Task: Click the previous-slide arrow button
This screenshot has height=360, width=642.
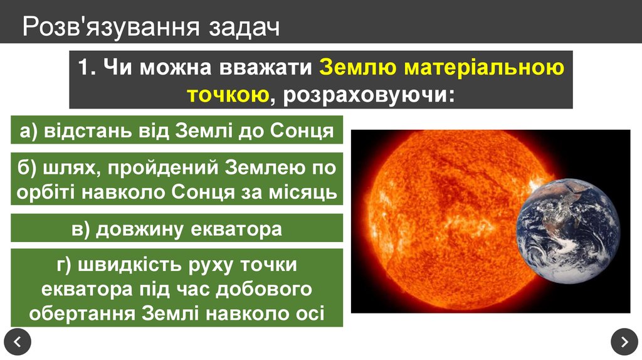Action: pyautogui.click(x=17, y=342)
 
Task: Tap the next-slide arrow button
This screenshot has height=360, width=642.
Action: pyautogui.click(x=624, y=342)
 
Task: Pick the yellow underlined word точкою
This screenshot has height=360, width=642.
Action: pyautogui.click(x=229, y=95)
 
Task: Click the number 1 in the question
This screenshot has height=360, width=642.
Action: pyautogui.click(x=85, y=67)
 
